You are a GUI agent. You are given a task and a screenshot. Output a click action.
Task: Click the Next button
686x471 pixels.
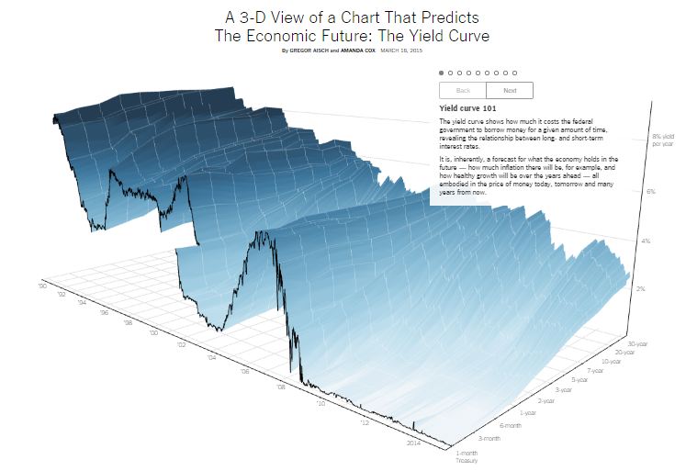pyautogui.click(x=510, y=90)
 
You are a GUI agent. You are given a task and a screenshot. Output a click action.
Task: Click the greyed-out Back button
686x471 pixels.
pyautogui.click(x=463, y=90)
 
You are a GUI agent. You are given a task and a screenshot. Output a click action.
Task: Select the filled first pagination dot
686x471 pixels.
pyautogui.click(x=441, y=72)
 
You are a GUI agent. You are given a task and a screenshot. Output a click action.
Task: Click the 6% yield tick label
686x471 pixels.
pyautogui.click(x=650, y=191)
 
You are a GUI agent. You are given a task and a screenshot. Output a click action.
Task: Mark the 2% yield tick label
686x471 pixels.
pyautogui.click(x=643, y=288)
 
